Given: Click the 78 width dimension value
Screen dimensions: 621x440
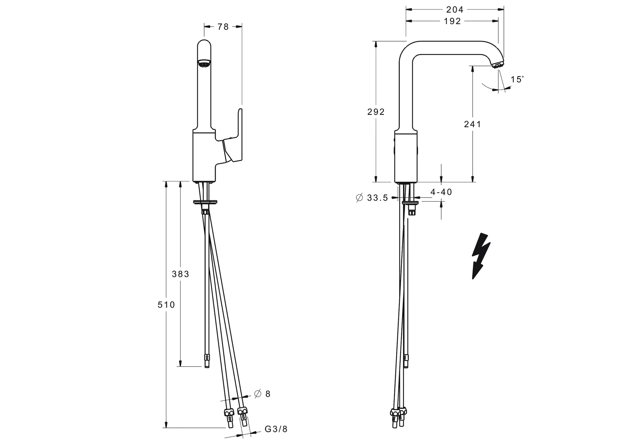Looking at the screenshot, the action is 223,26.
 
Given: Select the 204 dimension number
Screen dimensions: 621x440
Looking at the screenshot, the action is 455,10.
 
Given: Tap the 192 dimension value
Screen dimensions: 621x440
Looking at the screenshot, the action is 453,21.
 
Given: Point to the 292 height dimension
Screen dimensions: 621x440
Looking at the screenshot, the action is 376,112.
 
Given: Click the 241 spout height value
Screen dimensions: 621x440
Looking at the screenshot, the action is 473,124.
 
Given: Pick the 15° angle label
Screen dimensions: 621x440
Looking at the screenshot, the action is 517,79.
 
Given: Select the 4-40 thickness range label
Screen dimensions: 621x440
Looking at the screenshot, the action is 441,192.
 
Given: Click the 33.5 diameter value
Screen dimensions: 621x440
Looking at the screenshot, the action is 377,198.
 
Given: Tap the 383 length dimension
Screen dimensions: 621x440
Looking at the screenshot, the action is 181,274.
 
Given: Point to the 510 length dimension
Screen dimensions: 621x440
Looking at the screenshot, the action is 166,305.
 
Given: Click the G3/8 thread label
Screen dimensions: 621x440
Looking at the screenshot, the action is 276,429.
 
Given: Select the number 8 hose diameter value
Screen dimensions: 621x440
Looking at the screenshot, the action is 268,394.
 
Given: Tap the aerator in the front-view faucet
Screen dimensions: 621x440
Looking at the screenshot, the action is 204,63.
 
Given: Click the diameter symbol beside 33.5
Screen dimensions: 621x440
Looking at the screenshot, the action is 359,198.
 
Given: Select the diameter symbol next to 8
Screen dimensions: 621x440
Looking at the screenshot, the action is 257,394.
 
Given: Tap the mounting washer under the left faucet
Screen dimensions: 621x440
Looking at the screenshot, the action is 205,202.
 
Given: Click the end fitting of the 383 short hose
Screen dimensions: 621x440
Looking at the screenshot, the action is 207,361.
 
